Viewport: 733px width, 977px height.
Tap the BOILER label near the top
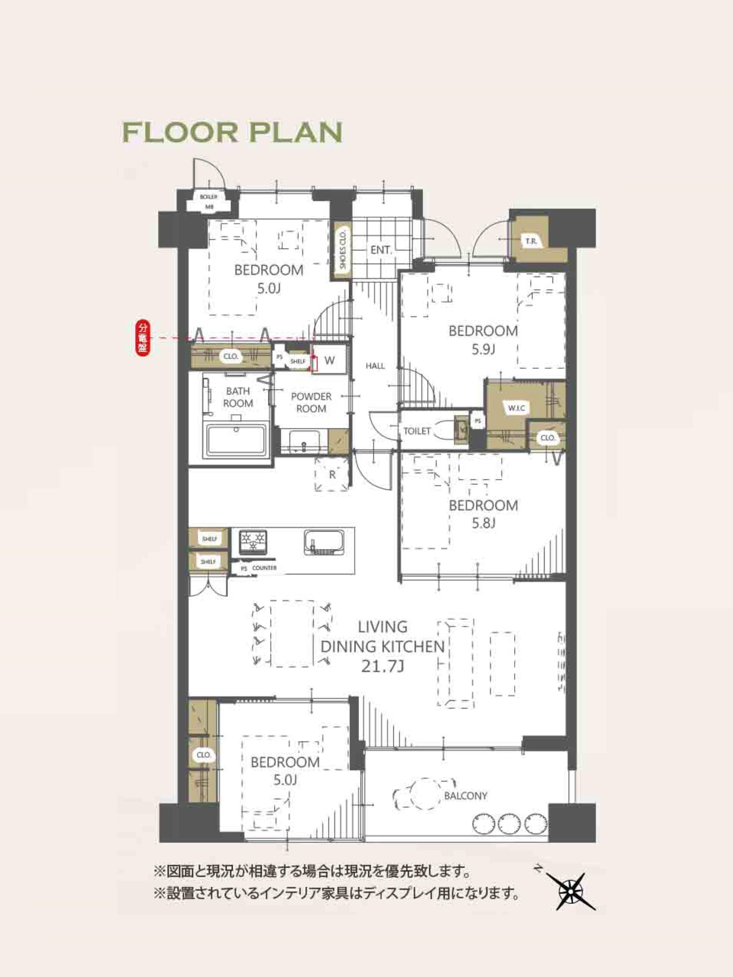point(208,197)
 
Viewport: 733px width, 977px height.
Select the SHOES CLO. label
point(342,250)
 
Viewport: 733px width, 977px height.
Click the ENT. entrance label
point(381,250)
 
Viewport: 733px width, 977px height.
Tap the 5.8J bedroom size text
point(483,523)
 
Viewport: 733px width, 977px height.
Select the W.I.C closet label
point(516,408)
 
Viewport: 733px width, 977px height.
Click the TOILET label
point(417,431)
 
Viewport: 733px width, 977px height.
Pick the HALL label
point(375,366)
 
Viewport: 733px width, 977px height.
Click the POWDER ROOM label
point(311,402)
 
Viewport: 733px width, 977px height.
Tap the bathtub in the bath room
point(236,441)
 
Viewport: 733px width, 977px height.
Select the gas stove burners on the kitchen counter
point(253,542)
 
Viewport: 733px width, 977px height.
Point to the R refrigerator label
point(332,475)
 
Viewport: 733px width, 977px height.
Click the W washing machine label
point(329,360)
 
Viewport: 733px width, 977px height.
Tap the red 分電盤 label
point(142,339)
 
